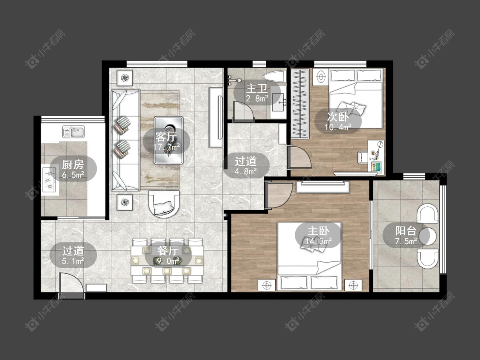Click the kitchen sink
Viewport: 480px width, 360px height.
click(73, 132)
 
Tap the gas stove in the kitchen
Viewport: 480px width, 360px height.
click(49, 181)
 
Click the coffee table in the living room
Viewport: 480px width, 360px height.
click(169, 140)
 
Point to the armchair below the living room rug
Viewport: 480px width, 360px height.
click(164, 204)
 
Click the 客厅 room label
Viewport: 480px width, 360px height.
click(166, 137)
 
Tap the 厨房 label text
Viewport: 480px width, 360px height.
click(73, 164)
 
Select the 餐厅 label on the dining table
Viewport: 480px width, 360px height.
click(168, 251)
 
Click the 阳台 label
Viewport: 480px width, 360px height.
click(406, 231)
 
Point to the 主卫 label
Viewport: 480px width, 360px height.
click(257, 88)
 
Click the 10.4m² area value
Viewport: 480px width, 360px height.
click(337, 127)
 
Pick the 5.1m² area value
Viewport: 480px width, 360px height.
click(73, 261)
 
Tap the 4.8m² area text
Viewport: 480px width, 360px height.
click(246, 171)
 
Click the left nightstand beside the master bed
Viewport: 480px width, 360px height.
click(267, 285)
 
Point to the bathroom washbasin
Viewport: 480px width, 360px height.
click(278, 99)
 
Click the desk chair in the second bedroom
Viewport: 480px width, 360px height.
click(364, 157)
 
